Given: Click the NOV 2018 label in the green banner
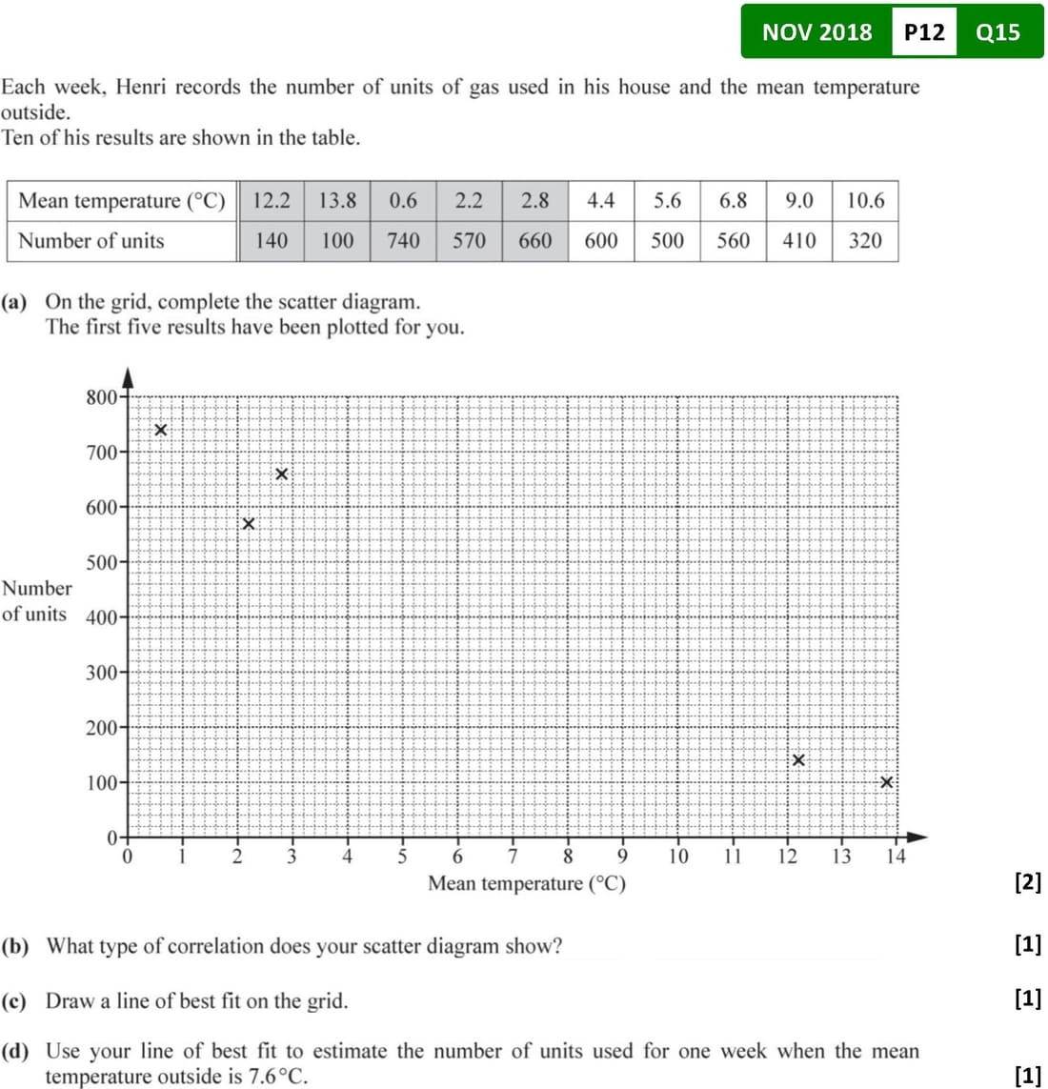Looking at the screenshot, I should pyautogui.click(x=816, y=32).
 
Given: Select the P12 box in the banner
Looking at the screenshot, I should pyautogui.click(x=923, y=32).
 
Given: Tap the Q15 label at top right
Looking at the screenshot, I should pyautogui.click(x=998, y=32).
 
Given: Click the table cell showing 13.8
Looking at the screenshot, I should pyautogui.click(x=337, y=201).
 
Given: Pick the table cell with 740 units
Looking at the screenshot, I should pyautogui.click(x=403, y=241).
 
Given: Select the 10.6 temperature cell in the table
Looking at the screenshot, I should pyautogui.click(x=865, y=201).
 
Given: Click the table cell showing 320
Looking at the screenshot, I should pyautogui.click(x=865, y=241).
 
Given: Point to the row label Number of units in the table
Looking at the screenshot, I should pyautogui.click(x=91, y=241).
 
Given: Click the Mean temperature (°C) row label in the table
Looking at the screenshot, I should pyautogui.click(x=122, y=201).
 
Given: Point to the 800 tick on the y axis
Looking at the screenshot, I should pyautogui.click(x=101, y=397).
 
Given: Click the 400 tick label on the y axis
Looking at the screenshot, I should pyautogui.click(x=101, y=617).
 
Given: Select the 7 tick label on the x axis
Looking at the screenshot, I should pyautogui.click(x=513, y=856).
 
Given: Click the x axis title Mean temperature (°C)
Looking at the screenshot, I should pyautogui.click(x=527, y=883).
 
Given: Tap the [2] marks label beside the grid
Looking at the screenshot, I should pyautogui.click(x=1028, y=882).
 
